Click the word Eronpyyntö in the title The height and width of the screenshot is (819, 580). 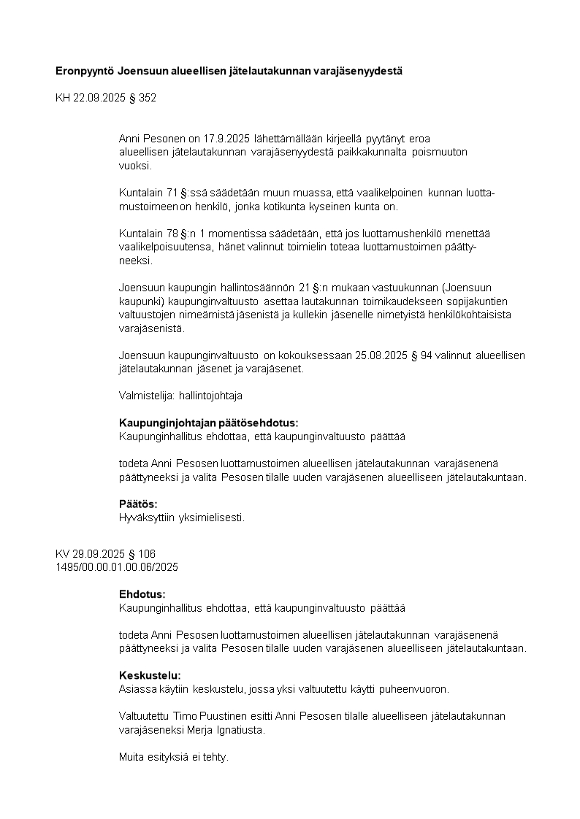(x=85, y=72)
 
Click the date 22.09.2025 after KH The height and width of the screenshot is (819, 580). (x=99, y=97)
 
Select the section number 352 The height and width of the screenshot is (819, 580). (x=148, y=97)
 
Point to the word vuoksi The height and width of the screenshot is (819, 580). (x=134, y=166)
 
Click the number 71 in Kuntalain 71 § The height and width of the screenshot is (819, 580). (x=173, y=193)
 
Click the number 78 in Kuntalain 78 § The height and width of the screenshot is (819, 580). (x=173, y=234)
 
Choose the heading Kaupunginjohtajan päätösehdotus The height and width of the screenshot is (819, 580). (x=209, y=423)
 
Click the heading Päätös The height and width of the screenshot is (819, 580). (x=138, y=504)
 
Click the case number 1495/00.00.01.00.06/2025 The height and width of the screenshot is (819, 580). (x=117, y=566)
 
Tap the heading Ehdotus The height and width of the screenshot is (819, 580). (x=142, y=594)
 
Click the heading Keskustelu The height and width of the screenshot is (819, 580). (x=150, y=675)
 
